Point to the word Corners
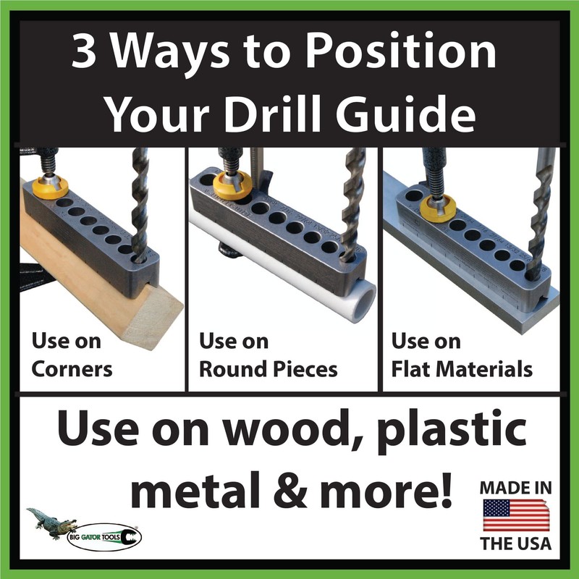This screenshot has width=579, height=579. (x=72, y=368)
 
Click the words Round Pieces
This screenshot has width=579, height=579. (x=268, y=368)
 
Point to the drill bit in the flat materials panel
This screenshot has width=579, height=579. (x=539, y=217)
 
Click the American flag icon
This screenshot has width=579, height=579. (x=515, y=515)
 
